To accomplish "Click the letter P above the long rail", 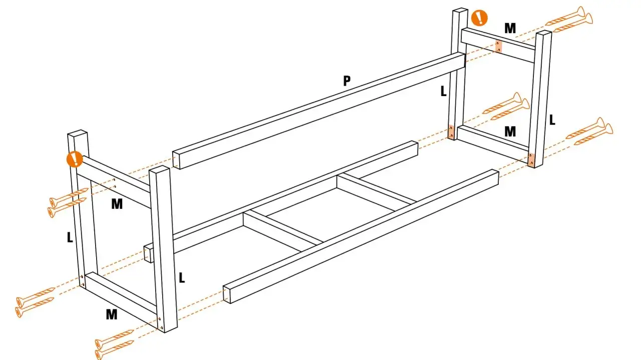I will click(347, 81).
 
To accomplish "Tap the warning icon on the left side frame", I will click(75, 159).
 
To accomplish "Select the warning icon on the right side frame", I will click(479, 18).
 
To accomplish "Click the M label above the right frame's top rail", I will click(510, 29).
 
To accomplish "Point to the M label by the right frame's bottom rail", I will click(510, 132).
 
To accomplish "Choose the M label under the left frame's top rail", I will click(117, 204).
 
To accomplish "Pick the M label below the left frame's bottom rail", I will click(111, 314).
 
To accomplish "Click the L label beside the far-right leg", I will click(552, 120).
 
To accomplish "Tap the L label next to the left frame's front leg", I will click(182, 278).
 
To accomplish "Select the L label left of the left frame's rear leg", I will click(70, 238).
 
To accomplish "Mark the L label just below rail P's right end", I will click(443, 91).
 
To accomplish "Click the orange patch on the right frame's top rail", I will click(498, 46).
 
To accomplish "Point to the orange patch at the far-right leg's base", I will click(531, 160).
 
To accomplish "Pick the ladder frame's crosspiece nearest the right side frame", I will click(377, 189).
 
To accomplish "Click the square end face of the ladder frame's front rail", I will click(227, 294).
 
